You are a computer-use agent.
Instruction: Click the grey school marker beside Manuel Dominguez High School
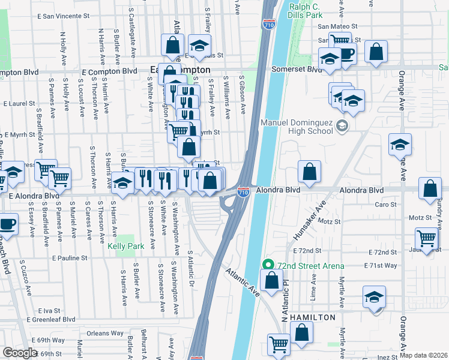[342, 126]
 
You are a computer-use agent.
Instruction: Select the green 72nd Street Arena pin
[268, 265]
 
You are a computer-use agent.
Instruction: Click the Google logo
[20, 353]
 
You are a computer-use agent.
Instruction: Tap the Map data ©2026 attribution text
[423, 355]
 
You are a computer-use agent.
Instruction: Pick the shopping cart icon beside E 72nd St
[426, 238]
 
